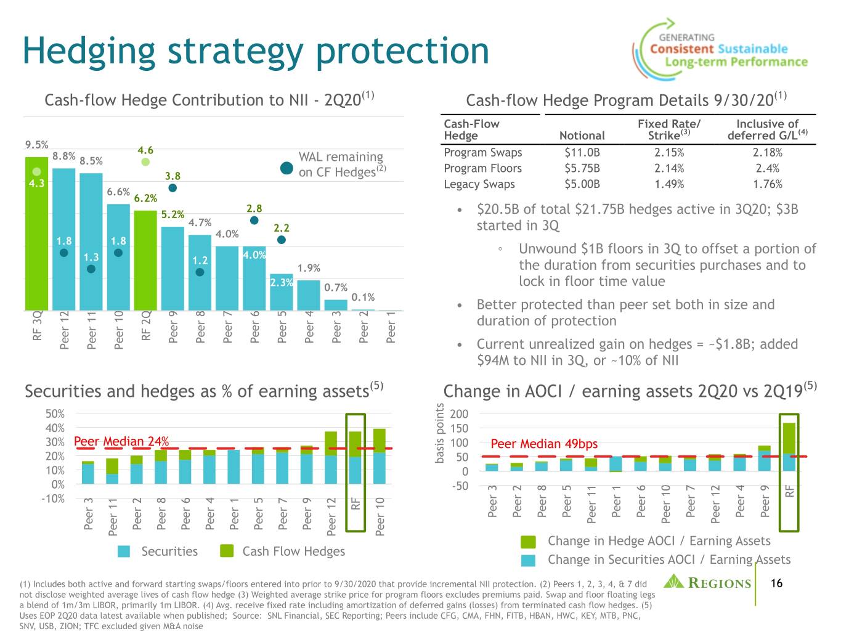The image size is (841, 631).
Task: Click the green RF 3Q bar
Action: coord(36,234)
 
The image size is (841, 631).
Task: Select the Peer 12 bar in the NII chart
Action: coord(63,239)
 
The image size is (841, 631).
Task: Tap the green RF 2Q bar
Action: coord(145,260)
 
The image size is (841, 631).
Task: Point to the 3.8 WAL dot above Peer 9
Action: coord(173,188)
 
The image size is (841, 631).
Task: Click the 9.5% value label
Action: coord(37,145)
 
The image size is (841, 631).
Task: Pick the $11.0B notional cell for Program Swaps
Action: coord(582,152)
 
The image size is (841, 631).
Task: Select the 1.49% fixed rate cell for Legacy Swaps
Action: coord(669,184)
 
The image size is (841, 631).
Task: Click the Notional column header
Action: coord(582,135)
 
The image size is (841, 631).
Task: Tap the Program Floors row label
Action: coord(483,168)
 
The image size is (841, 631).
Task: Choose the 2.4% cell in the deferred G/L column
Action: coord(768,168)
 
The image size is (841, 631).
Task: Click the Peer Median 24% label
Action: coord(121,441)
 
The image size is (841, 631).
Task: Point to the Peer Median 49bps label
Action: coord(544,444)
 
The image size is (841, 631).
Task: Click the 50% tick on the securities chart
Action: coord(55,413)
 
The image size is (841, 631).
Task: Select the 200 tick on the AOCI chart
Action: coord(459,413)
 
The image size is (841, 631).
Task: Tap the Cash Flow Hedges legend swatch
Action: coord(227,551)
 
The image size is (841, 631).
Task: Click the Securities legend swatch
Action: coord(124,551)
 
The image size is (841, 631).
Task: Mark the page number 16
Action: coord(776,583)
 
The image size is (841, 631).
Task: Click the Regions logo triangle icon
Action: coord(673,581)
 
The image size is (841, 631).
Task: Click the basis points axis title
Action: coord(439,433)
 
